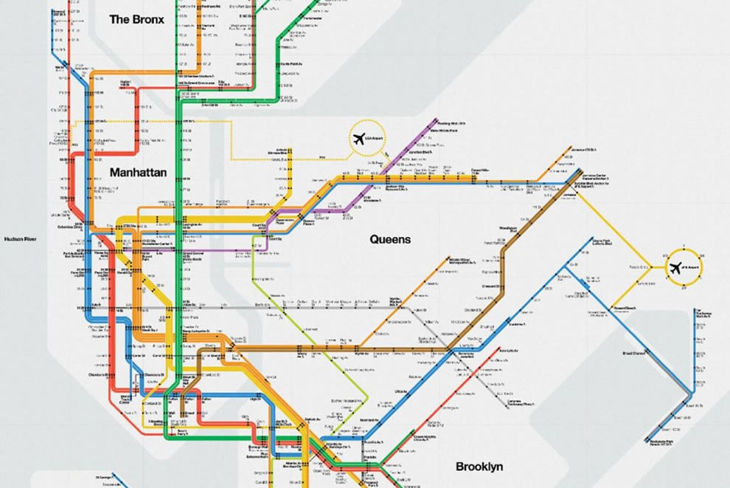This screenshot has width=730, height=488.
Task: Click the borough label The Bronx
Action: click(x=136, y=19)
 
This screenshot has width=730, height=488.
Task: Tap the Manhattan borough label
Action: click(x=138, y=173)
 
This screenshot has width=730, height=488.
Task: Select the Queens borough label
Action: click(x=390, y=239)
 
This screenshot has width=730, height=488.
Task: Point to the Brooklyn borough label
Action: click(x=479, y=467)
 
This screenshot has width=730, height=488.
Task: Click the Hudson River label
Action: click(x=21, y=239)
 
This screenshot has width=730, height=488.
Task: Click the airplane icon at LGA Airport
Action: click(x=360, y=138)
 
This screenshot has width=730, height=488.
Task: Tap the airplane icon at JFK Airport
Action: click(x=675, y=269)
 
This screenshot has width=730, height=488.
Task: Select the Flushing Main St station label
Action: click(x=452, y=124)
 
